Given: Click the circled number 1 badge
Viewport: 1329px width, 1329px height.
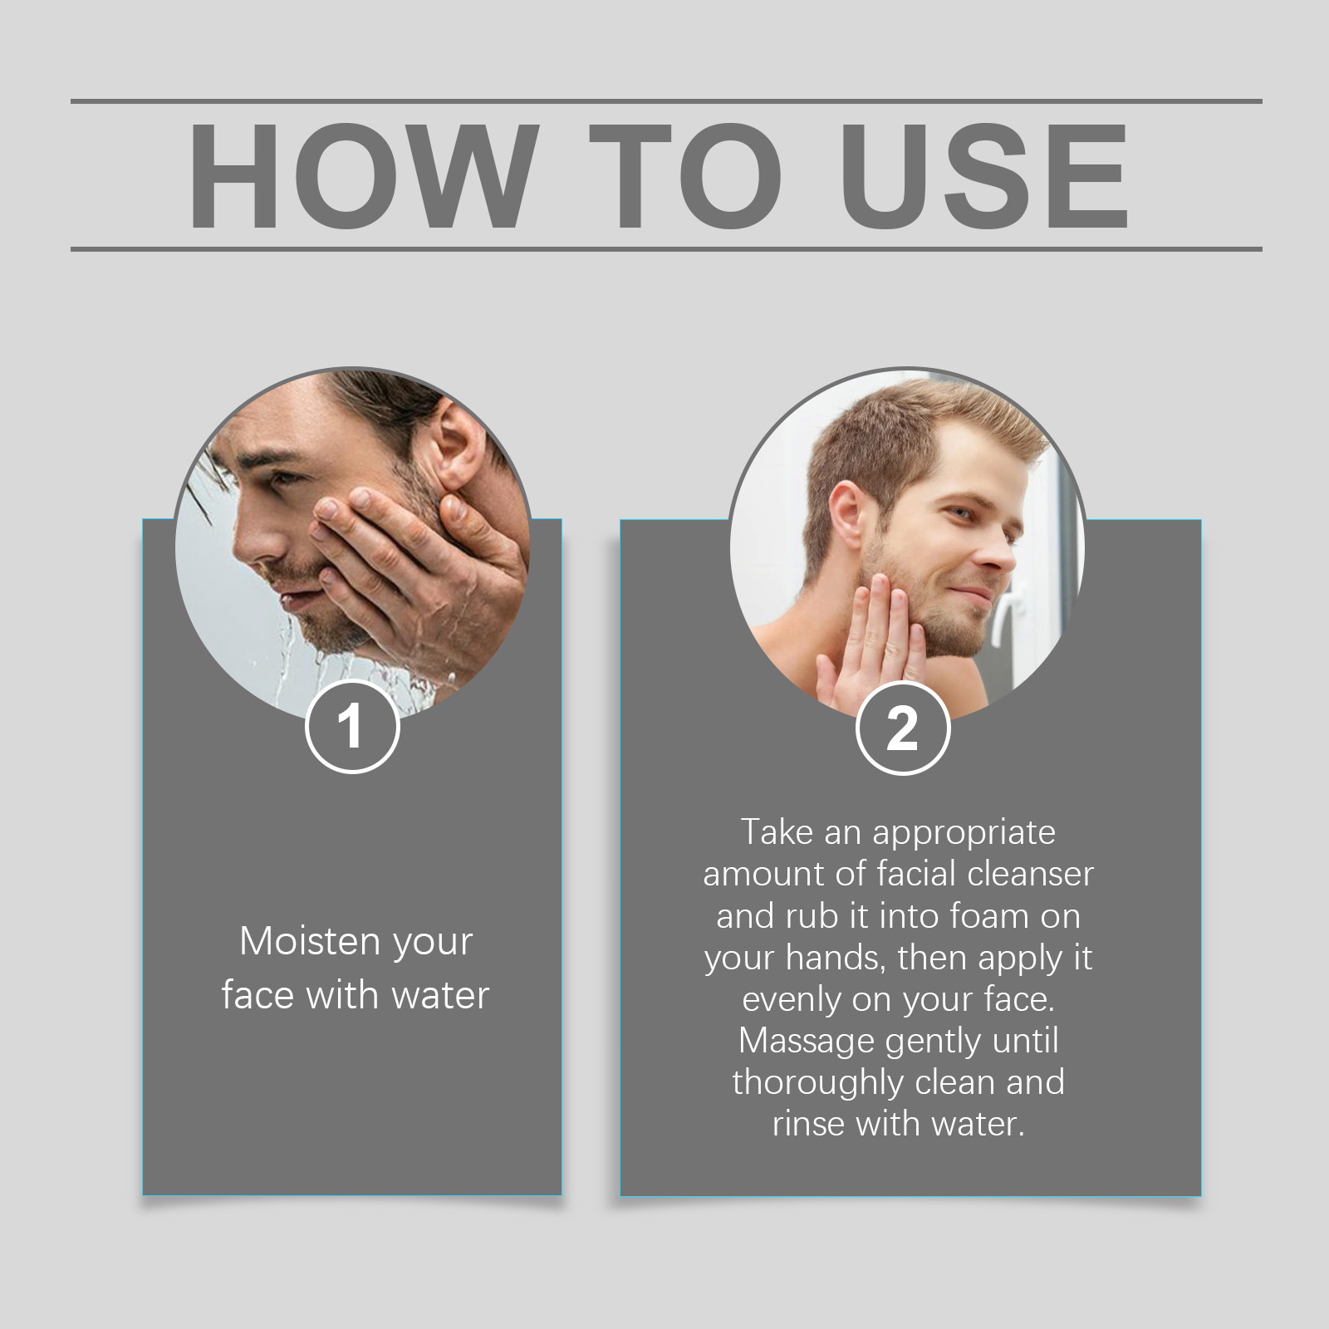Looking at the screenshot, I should click(x=352, y=727).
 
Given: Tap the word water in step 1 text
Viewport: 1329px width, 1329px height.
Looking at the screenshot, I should click(x=440, y=995).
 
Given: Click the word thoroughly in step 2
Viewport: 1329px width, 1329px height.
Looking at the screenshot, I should click(x=805, y=1083).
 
